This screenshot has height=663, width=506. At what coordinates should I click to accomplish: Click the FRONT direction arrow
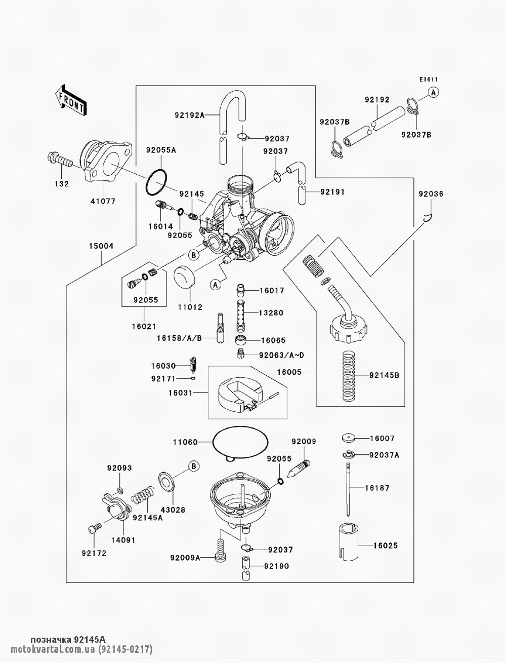click(x=71, y=101)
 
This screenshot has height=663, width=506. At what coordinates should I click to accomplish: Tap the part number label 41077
click(x=103, y=201)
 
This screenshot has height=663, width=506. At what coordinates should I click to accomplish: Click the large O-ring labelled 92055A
click(x=156, y=182)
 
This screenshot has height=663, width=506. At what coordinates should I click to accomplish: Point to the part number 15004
click(x=101, y=246)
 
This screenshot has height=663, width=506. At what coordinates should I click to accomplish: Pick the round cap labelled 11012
click(x=185, y=277)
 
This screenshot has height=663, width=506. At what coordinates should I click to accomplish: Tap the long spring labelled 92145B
click(x=349, y=376)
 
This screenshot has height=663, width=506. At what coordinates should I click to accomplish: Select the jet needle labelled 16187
click(x=348, y=489)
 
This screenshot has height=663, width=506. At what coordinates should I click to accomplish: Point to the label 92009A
click(x=185, y=558)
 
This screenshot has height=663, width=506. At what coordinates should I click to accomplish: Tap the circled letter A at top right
click(x=434, y=93)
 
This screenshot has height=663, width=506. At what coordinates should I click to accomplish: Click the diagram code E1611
click(x=429, y=80)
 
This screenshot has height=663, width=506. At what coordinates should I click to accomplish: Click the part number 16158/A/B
click(x=179, y=338)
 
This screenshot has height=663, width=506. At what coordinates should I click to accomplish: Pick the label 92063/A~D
click(x=281, y=355)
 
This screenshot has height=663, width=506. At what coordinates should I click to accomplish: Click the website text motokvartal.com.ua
click(x=53, y=648)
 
